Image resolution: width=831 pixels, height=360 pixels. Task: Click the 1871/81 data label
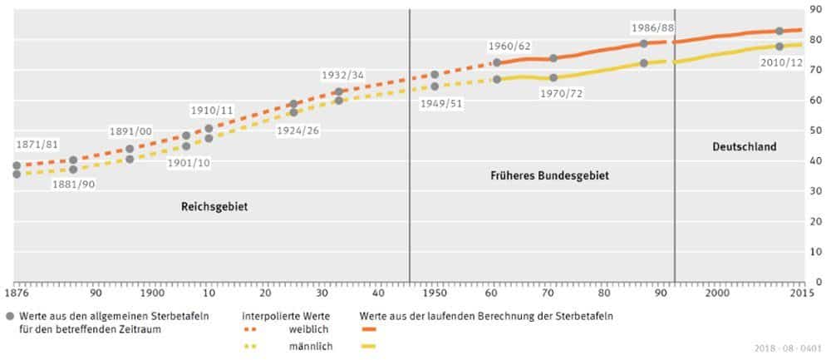(37, 145)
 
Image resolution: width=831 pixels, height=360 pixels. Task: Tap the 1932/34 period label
(342, 76)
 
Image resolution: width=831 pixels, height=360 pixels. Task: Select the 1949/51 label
(443, 104)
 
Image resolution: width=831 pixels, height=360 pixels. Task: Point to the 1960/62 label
(510, 46)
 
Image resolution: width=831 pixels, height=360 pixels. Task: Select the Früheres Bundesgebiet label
(546, 176)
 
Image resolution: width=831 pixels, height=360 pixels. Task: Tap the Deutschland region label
(744, 147)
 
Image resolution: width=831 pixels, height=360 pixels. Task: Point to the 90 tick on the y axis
(817, 9)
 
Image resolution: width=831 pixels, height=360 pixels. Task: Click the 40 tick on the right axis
(817, 160)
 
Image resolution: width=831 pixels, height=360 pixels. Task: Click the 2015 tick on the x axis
(802, 293)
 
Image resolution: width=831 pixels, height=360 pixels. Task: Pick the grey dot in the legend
(10, 316)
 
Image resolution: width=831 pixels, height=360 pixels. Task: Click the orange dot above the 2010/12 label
(779, 32)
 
